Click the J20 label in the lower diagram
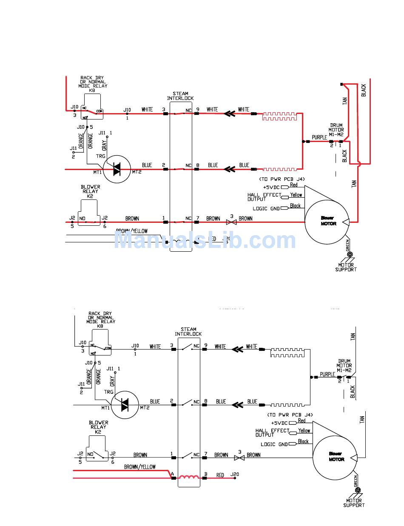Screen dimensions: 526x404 coord(234,475)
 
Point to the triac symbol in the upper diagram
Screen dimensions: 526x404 coord(117,169)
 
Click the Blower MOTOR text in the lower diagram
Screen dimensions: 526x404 coord(336,456)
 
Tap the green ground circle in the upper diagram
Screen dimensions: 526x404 coord(350,255)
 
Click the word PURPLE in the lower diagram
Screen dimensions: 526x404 coord(327,375)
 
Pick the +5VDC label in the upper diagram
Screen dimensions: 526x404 coord(270,187)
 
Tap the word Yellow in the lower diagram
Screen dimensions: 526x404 coord(304,431)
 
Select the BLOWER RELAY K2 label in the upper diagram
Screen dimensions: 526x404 coord(90,191)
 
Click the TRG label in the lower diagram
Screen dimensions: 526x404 coord(109,392)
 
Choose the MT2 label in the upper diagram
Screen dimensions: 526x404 coord(137,172)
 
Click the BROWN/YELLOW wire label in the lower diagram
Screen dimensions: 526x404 coord(140,467)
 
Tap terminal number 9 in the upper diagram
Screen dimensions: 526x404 coord(197,109)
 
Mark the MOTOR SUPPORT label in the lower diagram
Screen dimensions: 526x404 coord(353,503)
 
